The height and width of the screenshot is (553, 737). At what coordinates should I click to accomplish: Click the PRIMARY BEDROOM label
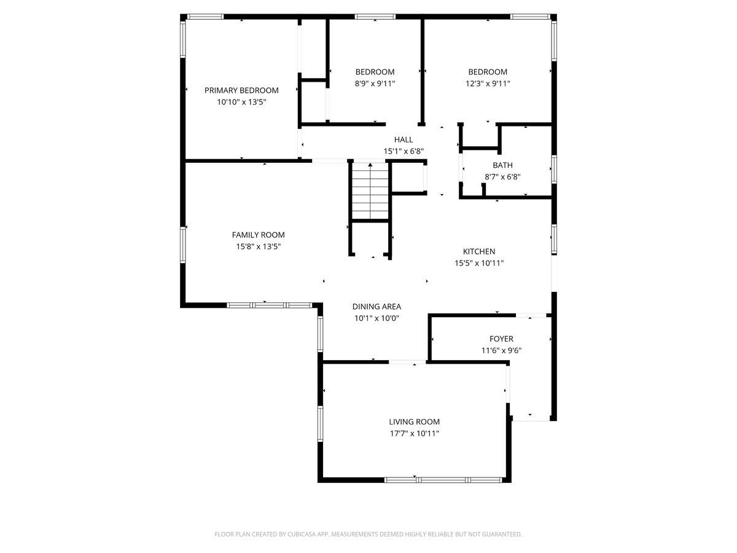(241, 90)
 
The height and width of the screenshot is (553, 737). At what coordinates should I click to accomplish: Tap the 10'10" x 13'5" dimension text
(241, 102)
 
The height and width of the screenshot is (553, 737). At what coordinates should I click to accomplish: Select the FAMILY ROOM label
(258, 235)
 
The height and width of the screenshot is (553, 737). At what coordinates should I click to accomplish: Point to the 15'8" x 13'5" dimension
(258, 247)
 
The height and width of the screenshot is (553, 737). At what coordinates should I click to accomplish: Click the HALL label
(404, 139)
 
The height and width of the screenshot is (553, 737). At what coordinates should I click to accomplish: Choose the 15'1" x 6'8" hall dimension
(404, 151)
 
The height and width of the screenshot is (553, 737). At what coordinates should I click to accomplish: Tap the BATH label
(502, 165)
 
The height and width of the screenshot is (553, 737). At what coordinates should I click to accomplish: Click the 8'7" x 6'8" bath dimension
(502, 177)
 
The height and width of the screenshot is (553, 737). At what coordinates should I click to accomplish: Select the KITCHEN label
(479, 251)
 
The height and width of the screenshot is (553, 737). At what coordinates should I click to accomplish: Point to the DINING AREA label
(376, 307)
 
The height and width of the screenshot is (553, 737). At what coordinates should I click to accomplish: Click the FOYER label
(501, 339)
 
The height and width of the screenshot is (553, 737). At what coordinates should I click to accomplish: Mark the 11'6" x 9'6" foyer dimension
(501, 350)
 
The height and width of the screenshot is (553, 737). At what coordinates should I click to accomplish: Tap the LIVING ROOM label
(415, 422)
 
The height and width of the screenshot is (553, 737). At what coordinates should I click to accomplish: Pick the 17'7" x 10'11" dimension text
(415, 433)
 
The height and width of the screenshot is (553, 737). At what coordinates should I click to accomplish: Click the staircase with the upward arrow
(370, 191)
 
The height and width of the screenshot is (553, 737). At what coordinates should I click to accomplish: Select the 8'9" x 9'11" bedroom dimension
(375, 84)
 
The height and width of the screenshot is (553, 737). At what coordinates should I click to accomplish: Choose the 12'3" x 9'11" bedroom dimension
(488, 84)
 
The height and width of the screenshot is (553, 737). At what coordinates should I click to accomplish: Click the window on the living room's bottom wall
(443, 480)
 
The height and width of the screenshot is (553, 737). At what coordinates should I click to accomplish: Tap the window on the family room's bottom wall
(270, 305)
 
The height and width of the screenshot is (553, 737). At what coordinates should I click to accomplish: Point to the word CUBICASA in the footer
(302, 534)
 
